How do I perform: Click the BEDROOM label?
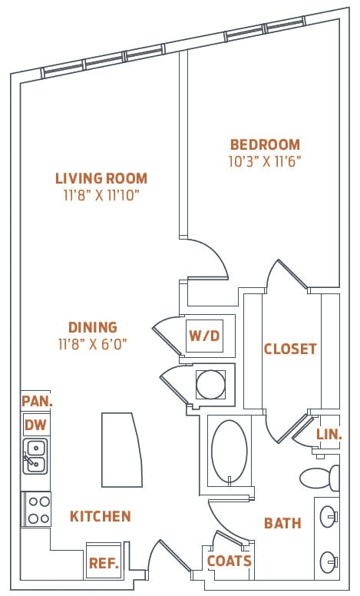coord(265,144)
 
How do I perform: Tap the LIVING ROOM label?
coord(101,178)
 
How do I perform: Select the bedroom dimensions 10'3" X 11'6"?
coord(265,162)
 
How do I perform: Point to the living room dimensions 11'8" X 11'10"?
coord(101,195)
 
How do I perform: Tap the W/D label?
coord(205,336)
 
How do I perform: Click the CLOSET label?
coord(290,349)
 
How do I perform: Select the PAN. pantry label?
coord(35,400)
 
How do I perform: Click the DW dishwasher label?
coord(35,425)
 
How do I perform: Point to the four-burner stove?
coord(38,508)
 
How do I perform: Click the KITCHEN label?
coord(101,516)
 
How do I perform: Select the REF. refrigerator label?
coord(103,563)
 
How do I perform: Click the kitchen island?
coord(121,449)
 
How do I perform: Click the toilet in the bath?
coord(319,478)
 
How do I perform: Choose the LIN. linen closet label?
coord(329,434)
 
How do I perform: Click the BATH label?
coord(282,523)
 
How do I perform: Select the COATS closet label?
coord(230,561)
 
